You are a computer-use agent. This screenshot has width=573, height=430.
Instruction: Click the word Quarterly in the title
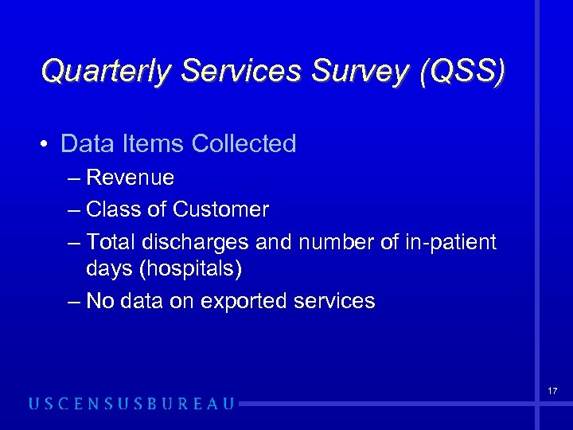click(107, 71)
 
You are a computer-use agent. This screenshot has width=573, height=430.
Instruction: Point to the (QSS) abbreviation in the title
click(459, 71)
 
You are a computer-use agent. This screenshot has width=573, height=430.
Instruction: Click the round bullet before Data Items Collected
click(48, 144)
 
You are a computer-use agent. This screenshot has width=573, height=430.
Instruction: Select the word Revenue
click(130, 177)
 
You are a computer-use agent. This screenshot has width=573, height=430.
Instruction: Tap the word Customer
click(220, 209)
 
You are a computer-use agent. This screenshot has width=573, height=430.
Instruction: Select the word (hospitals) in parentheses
click(190, 269)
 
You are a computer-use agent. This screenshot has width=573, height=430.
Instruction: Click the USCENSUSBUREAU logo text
click(131, 404)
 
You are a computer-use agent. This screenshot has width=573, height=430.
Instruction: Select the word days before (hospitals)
click(110, 269)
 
